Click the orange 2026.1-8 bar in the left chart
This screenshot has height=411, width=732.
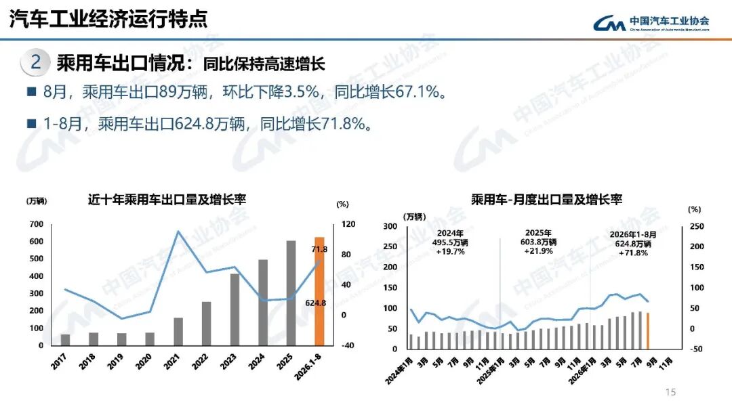click(319, 292)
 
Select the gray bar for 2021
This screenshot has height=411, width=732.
click(178, 332)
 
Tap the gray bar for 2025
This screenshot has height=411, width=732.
click(291, 293)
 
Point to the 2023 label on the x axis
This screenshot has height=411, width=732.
click(228, 362)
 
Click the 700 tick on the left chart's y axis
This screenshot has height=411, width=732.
click(37, 224)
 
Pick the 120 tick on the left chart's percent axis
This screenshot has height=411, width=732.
click(348, 224)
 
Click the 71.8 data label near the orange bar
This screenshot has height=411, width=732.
click(319, 249)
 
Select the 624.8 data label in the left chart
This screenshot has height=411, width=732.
click(316, 303)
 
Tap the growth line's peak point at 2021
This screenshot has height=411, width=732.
click(178, 231)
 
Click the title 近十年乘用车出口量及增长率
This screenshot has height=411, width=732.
click(167, 200)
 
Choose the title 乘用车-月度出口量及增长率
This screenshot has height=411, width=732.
click(546, 200)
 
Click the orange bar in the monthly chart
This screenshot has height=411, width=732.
click(647, 330)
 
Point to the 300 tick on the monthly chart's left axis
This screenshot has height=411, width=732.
click(390, 226)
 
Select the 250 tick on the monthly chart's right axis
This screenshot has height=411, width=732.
click(697, 226)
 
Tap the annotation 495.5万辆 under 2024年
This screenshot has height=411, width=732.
click(450, 242)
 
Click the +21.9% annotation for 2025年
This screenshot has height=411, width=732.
click(538, 251)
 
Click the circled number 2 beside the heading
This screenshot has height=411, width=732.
click(35, 62)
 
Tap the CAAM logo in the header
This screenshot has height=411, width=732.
click(651, 22)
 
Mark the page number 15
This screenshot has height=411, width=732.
click(670, 392)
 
